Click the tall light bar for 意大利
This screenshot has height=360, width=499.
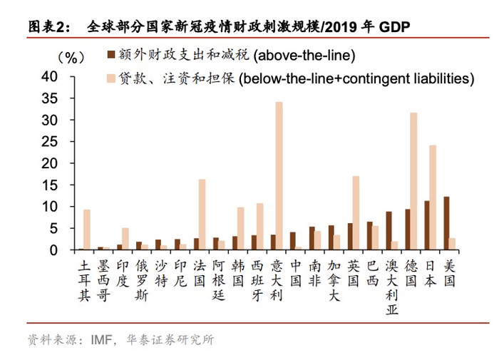coord(279,175)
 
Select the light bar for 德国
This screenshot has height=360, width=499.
coord(413,181)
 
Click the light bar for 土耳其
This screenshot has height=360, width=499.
coord(86,230)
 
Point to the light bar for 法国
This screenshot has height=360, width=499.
coord(202,214)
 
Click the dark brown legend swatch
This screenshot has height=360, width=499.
coord(111,54)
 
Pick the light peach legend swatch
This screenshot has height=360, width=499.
coord(111,77)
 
